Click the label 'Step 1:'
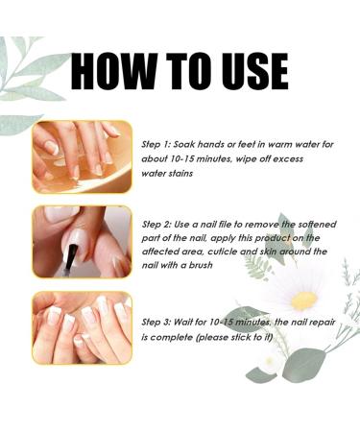157,144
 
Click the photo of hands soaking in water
83,154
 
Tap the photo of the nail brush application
83,242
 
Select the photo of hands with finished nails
83,327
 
